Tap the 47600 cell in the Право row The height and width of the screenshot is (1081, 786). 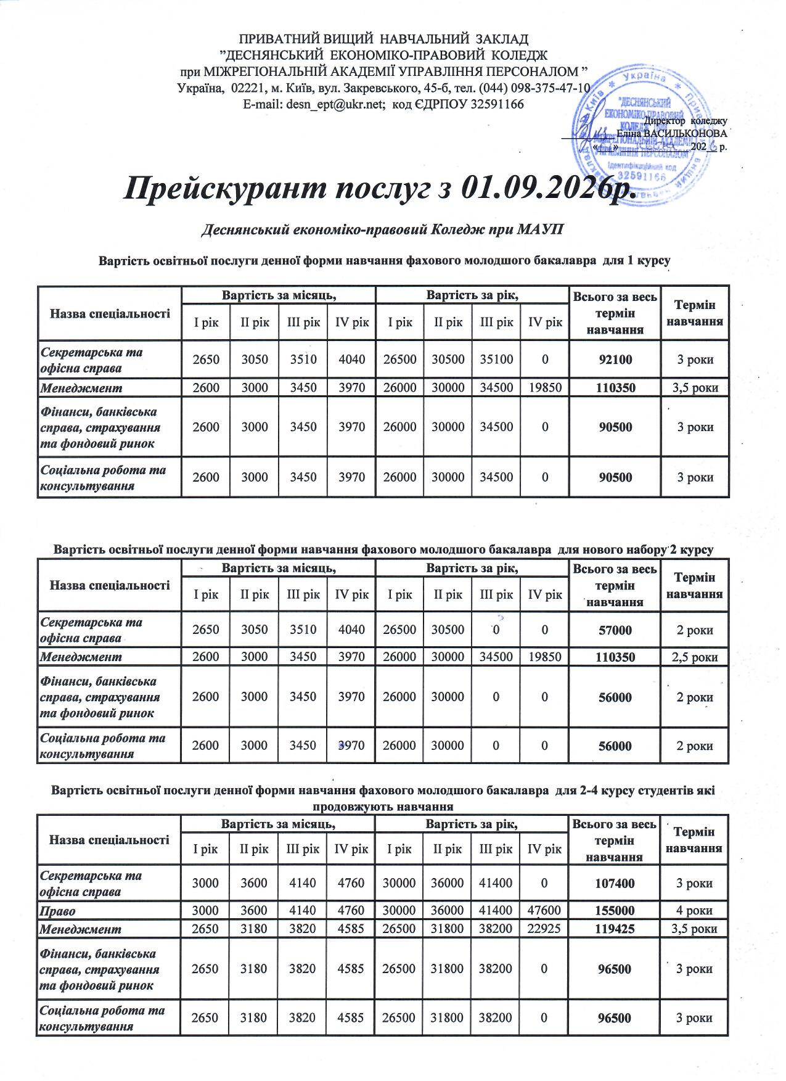[544, 911]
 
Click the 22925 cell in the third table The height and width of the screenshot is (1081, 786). [544, 929]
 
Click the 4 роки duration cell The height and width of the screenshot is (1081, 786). [694, 911]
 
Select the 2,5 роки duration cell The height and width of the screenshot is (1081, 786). [694, 657]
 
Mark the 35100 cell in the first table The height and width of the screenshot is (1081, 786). [496, 360]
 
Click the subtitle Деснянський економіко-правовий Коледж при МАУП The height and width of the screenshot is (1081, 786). [383, 230]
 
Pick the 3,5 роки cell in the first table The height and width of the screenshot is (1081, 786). [695, 388]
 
